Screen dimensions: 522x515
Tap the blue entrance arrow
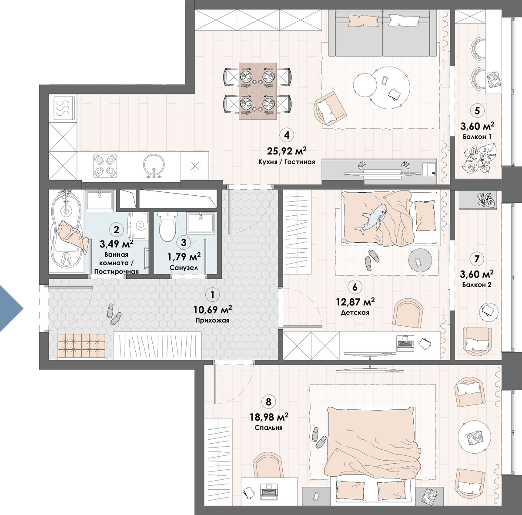pyautogui.click(x=11, y=308)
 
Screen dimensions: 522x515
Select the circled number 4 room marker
pyautogui.click(x=287, y=135)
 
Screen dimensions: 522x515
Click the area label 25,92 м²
pyautogui.click(x=287, y=150)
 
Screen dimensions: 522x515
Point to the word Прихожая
pyautogui.click(x=212, y=321)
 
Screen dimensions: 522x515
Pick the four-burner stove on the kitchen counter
pyautogui.click(x=105, y=165)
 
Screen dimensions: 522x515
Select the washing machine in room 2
pyautogui.click(x=138, y=226)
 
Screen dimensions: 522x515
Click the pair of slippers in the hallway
pyautogui.click(x=114, y=314)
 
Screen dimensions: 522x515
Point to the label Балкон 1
pyautogui.click(x=477, y=137)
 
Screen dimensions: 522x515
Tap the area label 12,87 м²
pyautogui.click(x=355, y=302)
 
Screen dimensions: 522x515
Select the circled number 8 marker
pyautogui.click(x=268, y=401)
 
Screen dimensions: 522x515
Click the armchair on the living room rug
pyautogui.click(x=330, y=109)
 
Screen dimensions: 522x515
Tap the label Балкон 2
pyautogui.click(x=477, y=285)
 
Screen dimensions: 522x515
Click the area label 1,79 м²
pyautogui.click(x=184, y=257)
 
